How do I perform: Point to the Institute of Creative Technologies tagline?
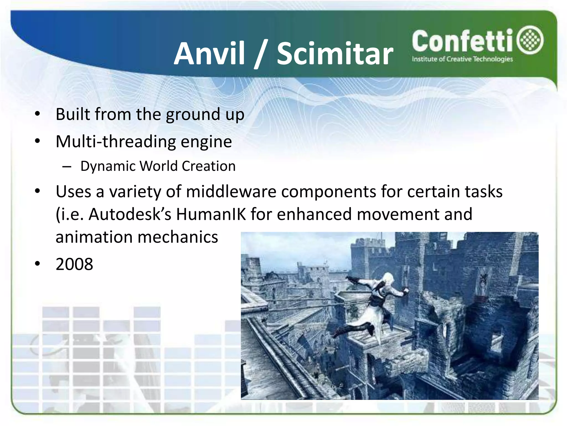point(462,59)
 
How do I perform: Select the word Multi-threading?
point(115,141)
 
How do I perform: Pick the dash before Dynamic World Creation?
point(67,167)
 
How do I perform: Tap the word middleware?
point(231,192)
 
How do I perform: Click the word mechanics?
point(177,237)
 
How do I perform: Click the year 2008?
point(74,264)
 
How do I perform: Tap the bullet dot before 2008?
point(38,264)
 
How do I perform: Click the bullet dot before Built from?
point(38,114)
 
